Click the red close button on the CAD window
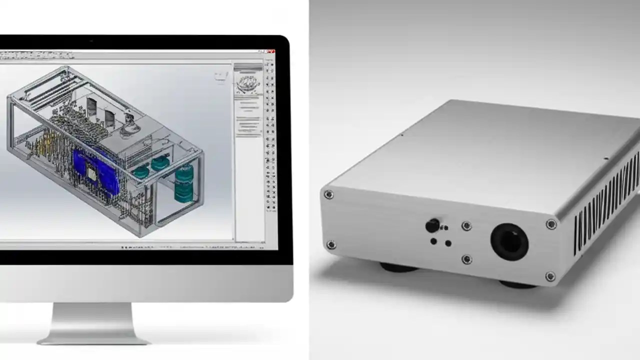coord(270,51)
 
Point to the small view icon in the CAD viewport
coord(220,76)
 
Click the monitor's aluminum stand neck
coord(93,320)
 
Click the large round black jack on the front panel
coord(509,241)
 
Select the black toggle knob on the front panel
coord(432,225)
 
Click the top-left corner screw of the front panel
coord(328,194)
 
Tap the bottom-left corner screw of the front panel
coord(330,244)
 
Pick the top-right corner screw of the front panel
coord(551,224)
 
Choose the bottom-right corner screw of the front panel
coord(550,276)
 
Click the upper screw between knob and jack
coord(466,226)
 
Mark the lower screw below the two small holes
coord(466,259)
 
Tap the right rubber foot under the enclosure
coord(517,284)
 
